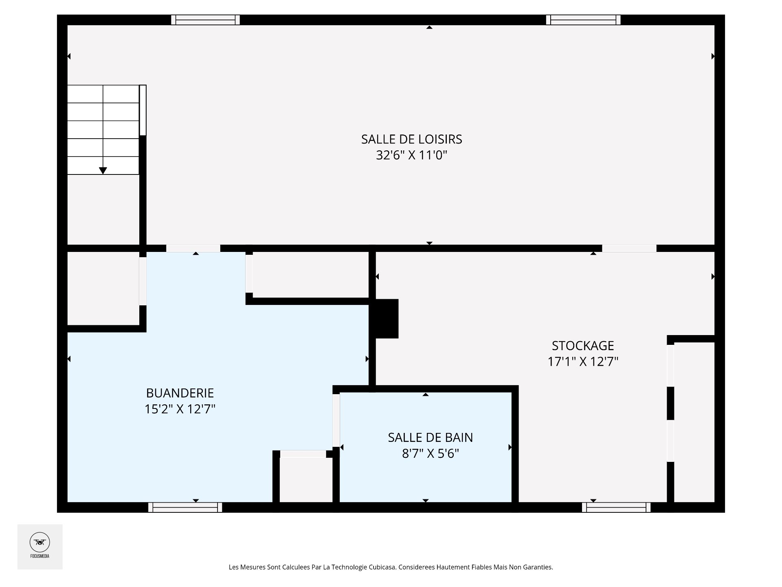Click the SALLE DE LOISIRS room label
[411, 139]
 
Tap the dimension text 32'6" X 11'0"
[411, 155]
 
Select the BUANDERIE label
[180, 393]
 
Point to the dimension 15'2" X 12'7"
[180, 409]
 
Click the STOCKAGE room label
[583, 346]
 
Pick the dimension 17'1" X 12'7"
[583, 362]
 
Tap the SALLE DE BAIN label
[431, 437]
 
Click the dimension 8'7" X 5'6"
[431, 453]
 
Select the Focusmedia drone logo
[40, 543]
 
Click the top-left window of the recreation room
[205, 20]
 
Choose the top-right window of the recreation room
[583, 20]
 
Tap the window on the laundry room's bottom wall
[185, 507]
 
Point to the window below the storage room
[616, 507]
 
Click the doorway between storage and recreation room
[629, 248]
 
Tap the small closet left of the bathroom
[306, 480]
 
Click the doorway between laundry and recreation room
[193, 248]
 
